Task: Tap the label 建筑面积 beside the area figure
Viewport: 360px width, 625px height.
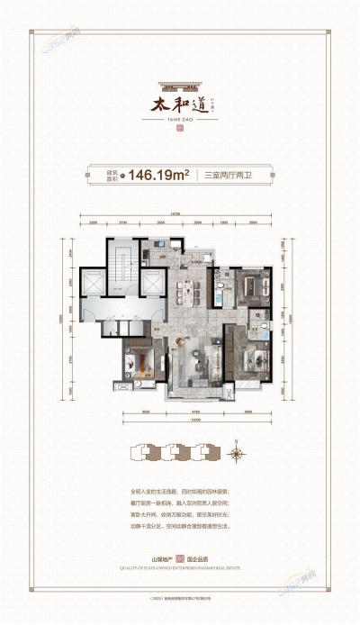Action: point(116,177)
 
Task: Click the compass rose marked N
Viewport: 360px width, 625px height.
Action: point(236,453)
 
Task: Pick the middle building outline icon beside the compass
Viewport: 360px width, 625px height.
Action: point(174,454)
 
